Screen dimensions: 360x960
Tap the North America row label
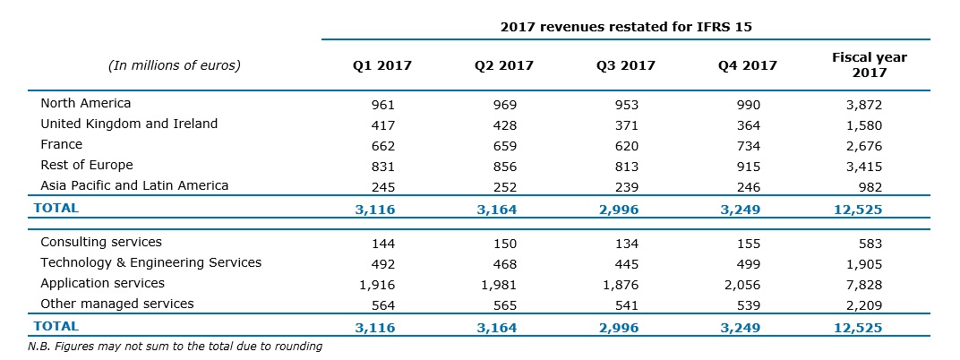click(x=86, y=104)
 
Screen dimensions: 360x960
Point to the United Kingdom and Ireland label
click(x=129, y=124)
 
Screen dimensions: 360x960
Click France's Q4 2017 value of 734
click(x=748, y=145)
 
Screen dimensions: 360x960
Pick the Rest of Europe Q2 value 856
click(x=504, y=166)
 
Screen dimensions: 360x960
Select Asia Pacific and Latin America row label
click(x=134, y=186)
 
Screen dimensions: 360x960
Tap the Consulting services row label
click(x=101, y=243)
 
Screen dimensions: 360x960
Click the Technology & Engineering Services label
click(x=150, y=263)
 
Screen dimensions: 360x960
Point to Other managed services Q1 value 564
click(x=382, y=304)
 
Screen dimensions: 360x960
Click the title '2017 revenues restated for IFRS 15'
click(x=625, y=27)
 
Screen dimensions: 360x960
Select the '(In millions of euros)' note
click(x=174, y=65)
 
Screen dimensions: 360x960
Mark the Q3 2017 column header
click(x=626, y=65)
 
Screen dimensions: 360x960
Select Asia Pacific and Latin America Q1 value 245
click(x=382, y=186)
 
